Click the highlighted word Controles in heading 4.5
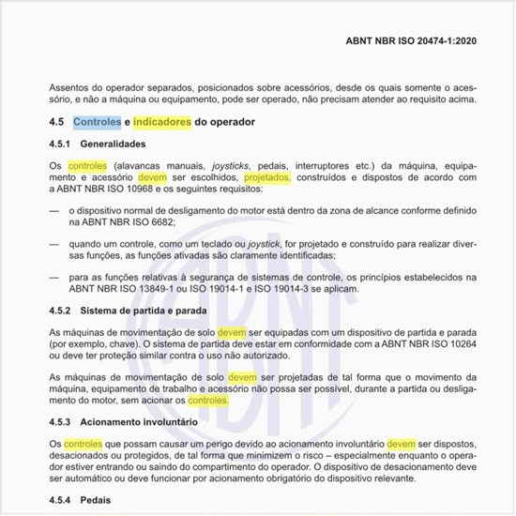pyautogui.click(x=97, y=122)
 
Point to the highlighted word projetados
pyautogui.click(x=267, y=176)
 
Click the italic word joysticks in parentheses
pyautogui.click(x=230, y=165)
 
